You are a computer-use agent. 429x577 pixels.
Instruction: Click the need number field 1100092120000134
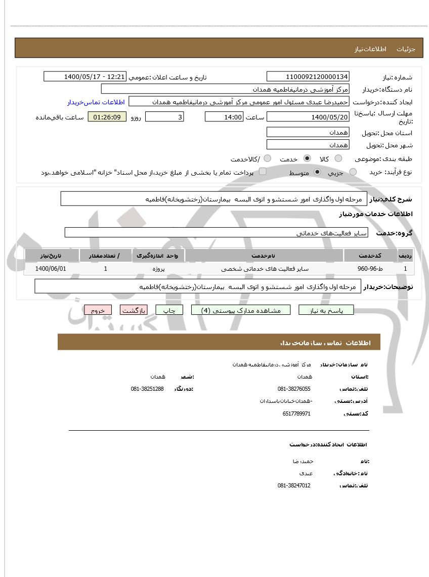click(308, 77)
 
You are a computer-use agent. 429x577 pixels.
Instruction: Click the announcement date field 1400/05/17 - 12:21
click(85, 77)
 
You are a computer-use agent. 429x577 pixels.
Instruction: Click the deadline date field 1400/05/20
click(308, 117)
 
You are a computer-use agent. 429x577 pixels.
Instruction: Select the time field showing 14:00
click(224, 117)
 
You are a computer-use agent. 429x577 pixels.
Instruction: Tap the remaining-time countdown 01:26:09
click(107, 117)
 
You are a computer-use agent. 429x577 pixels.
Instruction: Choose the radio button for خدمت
click(307, 159)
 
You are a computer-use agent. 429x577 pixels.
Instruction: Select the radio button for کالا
click(338, 159)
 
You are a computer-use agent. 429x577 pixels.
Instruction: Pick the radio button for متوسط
click(317, 172)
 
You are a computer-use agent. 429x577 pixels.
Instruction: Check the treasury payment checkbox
click(263, 172)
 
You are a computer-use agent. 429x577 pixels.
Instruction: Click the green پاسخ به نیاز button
click(326, 310)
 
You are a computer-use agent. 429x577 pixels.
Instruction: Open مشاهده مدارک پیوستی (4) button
click(241, 310)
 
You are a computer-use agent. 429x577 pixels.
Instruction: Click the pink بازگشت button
click(134, 310)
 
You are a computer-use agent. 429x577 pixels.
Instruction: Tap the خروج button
click(98, 310)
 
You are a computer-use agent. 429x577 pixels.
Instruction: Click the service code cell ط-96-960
click(370, 269)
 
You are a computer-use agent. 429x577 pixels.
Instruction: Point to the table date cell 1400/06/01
click(51, 269)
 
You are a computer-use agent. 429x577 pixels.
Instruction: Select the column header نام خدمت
click(264, 256)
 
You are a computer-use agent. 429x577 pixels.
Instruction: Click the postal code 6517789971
click(296, 414)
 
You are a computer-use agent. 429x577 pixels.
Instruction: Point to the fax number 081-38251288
click(147, 389)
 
